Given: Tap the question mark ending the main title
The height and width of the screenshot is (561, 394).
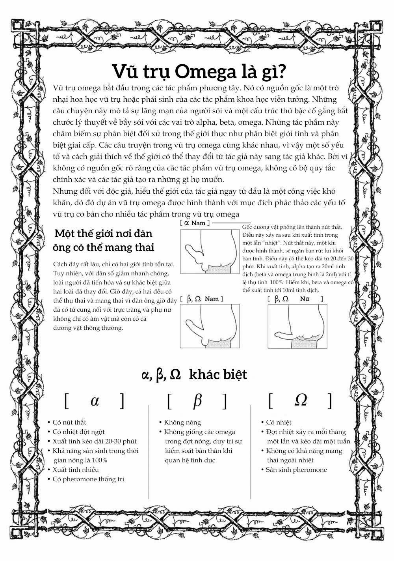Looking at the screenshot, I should tap(282, 71).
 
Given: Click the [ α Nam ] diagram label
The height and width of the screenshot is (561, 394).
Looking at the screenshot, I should tap(194, 223).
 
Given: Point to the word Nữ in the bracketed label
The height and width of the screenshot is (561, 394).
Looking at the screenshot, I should tap(304, 299).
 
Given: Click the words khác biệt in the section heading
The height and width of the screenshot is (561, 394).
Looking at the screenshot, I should tap(218, 374).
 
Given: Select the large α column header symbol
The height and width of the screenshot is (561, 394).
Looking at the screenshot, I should tap(95, 400).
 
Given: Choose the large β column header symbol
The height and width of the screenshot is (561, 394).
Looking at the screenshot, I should tap(197, 400).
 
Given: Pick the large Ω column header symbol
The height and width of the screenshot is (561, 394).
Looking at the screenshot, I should tap(301, 400).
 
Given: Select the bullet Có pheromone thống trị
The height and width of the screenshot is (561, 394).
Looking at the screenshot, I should tap(91, 479).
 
